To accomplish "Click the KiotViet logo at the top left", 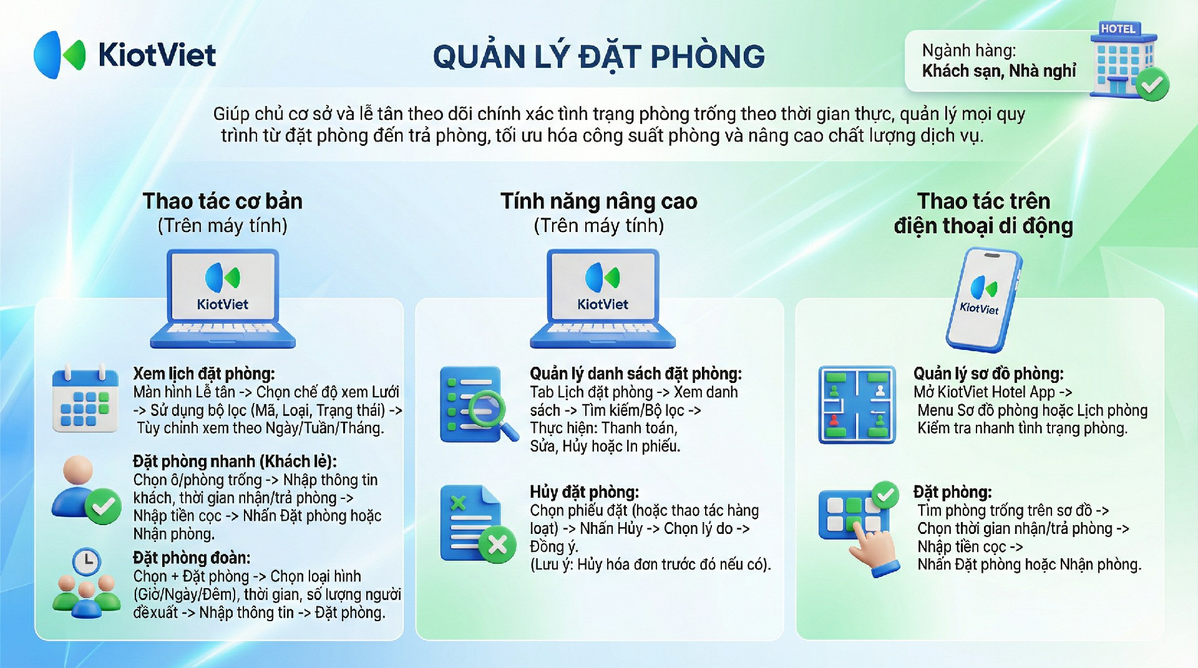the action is [125, 55].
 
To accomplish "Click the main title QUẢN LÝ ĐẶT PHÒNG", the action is [599, 57].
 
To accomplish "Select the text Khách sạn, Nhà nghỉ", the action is [999, 71].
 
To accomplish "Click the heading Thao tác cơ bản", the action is [223, 201].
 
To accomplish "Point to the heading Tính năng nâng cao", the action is [599, 201].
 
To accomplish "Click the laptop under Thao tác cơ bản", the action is [223, 298].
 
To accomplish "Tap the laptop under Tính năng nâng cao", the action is [603, 298].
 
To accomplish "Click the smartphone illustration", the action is [983, 300].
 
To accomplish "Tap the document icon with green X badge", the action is [478, 524].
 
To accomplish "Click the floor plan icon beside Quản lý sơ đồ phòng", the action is [857, 405].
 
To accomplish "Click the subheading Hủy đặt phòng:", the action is [584, 492].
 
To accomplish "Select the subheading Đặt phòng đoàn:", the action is [192, 558].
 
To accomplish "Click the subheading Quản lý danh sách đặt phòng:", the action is [636, 374].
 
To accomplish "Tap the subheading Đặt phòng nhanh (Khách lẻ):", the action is [235, 462].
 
